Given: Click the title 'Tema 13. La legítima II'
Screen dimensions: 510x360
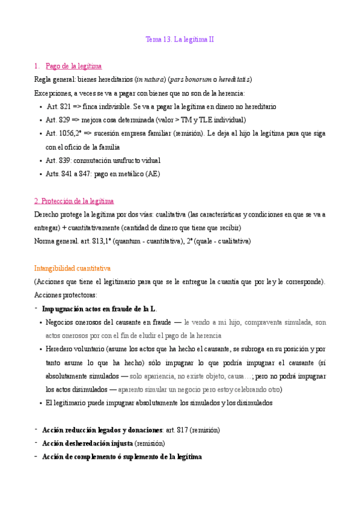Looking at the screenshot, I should pyautogui.click(x=180, y=40).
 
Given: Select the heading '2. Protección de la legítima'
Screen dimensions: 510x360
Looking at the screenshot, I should pyautogui.click(x=74, y=201).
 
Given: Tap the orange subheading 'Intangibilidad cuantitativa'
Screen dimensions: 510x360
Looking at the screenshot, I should pyautogui.click(x=73, y=268).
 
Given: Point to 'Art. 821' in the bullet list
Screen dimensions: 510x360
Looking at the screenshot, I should pyautogui.click(x=59, y=106).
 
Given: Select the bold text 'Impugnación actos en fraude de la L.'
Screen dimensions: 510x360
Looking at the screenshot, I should pyautogui.click(x=99, y=309).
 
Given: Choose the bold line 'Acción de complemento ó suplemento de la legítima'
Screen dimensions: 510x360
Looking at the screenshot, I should pyautogui.click(x=122, y=457).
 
